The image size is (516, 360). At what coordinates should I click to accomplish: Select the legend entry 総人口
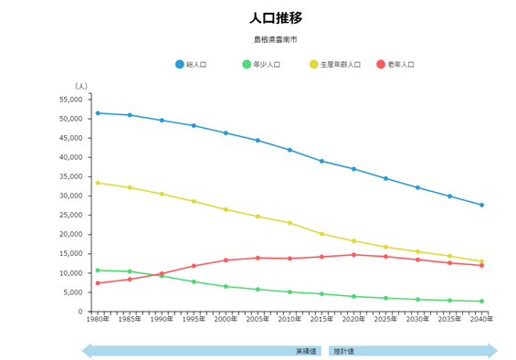[x=195, y=64]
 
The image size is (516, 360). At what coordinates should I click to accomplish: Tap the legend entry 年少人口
[x=266, y=64]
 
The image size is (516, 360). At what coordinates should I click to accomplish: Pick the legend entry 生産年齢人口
[x=340, y=64]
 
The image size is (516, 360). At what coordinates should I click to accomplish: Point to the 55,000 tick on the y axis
[x=70, y=100]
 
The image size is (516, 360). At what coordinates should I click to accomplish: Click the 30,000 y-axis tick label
[x=70, y=196]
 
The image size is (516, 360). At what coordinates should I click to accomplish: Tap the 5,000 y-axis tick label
[x=72, y=292]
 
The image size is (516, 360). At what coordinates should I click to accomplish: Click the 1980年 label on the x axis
[x=98, y=320]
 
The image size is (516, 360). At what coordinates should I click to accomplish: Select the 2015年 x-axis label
[x=321, y=320]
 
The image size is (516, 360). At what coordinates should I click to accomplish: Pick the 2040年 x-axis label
[x=481, y=320]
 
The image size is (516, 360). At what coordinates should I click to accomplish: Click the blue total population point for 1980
[x=98, y=113]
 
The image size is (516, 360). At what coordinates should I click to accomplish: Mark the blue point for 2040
[x=481, y=205]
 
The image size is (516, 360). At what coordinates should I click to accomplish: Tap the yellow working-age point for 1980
[x=98, y=183]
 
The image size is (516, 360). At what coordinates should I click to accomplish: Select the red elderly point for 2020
[x=353, y=255]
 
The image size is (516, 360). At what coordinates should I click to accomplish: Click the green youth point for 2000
[x=226, y=286]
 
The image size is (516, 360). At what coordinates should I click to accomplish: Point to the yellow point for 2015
[x=321, y=234]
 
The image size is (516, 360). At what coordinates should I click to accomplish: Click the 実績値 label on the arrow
[x=305, y=351]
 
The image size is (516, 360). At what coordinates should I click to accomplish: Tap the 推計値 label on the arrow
[x=343, y=351]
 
